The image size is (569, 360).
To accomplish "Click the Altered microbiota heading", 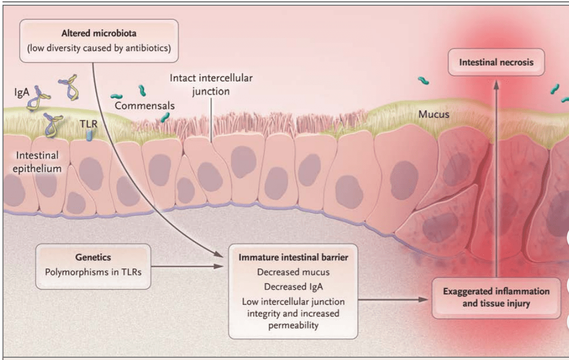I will (x=98, y=34).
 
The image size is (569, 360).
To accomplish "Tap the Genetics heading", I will (x=93, y=257).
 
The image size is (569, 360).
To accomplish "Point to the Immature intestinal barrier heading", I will (x=293, y=258).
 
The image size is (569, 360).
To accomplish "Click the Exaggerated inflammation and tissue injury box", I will (x=496, y=298).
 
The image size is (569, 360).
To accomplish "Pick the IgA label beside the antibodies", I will (x=22, y=92).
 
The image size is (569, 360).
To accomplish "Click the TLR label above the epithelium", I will (x=88, y=123).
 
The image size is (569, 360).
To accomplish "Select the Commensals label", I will (x=144, y=105).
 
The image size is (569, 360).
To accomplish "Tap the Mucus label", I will (x=433, y=114).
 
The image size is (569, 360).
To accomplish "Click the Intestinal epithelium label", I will (x=38, y=162).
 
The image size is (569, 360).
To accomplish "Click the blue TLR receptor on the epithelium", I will (x=89, y=136).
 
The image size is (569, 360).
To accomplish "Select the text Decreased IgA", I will (x=293, y=286).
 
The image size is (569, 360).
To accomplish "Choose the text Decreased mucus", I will (x=293, y=272).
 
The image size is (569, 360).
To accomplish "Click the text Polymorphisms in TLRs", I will (x=93, y=272).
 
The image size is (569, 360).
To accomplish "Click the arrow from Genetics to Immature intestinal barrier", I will (x=185, y=266).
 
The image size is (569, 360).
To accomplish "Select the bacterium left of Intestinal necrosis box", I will (x=423, y=80).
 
